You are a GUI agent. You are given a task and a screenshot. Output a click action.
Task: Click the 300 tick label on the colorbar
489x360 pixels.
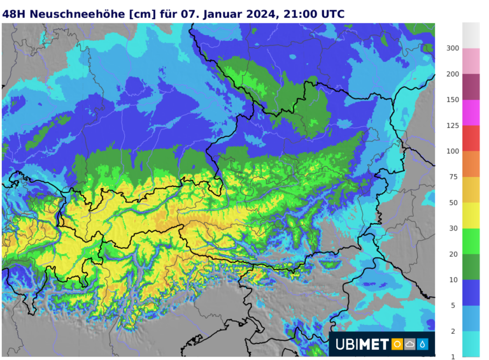point(453,48)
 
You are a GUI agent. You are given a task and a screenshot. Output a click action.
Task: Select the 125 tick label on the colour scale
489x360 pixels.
point(453,126)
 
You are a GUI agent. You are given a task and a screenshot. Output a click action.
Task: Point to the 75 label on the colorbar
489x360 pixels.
point(453,176)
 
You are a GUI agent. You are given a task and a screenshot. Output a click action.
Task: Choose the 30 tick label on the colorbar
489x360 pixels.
point(453,228)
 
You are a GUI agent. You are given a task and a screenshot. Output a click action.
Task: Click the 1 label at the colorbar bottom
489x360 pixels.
point(453,356)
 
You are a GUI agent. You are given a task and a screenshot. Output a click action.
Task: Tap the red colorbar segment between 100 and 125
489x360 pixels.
point(471,138)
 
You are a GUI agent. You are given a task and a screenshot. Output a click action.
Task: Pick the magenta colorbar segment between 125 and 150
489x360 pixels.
point(471,113)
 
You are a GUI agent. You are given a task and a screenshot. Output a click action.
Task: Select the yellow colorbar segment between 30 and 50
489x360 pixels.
point(471,215)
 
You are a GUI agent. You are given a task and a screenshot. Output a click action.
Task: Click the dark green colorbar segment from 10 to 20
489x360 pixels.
point(471,267)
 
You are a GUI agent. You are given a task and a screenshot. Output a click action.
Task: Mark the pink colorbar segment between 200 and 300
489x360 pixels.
point(471,61)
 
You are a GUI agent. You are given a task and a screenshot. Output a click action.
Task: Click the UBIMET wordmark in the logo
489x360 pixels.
point(361,345)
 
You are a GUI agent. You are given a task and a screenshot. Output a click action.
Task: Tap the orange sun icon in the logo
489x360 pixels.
point(397,345)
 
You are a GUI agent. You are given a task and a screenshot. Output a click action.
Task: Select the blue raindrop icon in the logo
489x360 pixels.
point(422,345)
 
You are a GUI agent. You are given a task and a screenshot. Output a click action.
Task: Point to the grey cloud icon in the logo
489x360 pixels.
point(409,345)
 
